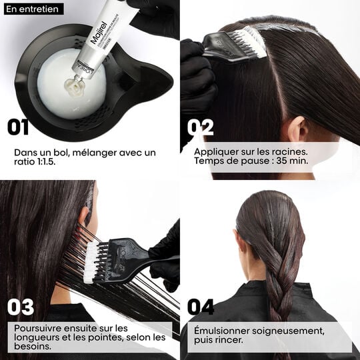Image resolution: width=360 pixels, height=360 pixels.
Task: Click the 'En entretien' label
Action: click(x=33, y=9)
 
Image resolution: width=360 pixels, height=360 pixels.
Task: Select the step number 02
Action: click(x=201, y=127)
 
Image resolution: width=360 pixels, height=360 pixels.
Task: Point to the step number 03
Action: click(x=21, y=307)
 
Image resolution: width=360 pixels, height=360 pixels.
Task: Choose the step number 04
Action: click(x=201, y=307)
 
